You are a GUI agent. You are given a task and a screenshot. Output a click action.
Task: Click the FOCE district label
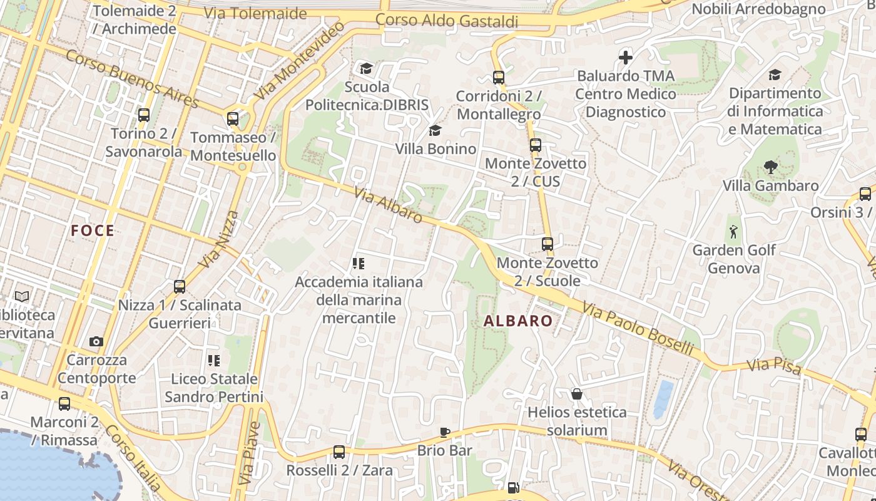coord(93,230)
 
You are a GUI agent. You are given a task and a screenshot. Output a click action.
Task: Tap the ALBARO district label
coord(518,321)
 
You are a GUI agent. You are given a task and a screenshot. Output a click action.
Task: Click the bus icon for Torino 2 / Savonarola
coord(144,115)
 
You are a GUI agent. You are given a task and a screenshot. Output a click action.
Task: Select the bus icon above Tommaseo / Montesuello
coord(233,119)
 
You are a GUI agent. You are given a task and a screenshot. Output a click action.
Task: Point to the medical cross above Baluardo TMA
coord(625,58)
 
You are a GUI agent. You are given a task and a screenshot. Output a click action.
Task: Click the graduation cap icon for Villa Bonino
coord(435,130)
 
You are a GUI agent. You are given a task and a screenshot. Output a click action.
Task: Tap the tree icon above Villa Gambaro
coord(770,167)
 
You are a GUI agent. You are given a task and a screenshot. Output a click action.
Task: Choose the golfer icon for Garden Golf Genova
coord(733,232)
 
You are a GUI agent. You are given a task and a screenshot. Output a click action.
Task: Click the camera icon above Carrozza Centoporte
coord(96,341)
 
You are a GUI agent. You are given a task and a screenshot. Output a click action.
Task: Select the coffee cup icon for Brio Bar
coord(444,432)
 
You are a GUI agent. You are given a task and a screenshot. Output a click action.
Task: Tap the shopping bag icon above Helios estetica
coord(576,394)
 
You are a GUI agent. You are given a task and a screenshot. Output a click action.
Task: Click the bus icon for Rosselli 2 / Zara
coord(339,452)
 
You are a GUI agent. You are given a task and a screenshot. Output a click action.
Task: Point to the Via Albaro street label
coord(388,205)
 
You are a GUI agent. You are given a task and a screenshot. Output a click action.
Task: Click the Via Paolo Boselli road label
coord(638,328)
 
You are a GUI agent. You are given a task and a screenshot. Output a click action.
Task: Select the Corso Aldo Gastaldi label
coord(447,20)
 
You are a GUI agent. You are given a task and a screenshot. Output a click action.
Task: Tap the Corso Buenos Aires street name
coord(131,80)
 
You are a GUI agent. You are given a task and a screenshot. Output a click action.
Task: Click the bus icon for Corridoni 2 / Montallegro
coord(499,78)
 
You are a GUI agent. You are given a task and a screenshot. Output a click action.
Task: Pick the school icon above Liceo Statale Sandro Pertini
coord(214,360)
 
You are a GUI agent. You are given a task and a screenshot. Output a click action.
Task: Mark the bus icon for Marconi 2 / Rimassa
coord(64,404)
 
